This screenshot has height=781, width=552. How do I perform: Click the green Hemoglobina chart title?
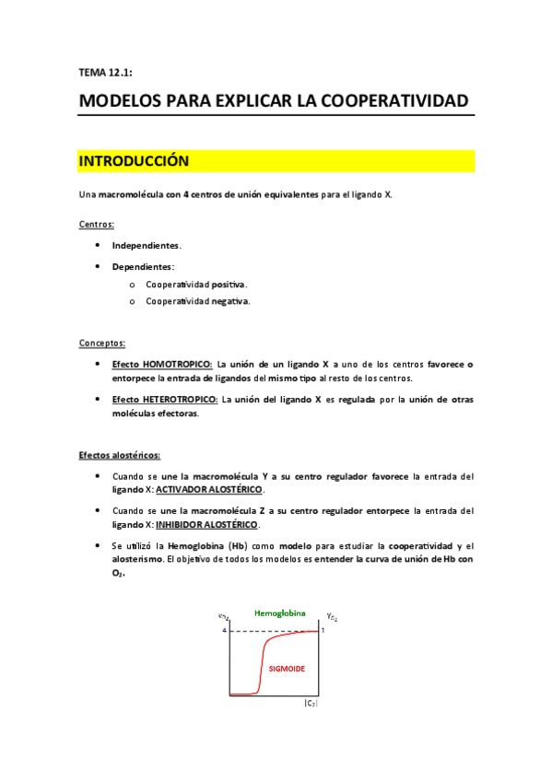[x=275, y=612]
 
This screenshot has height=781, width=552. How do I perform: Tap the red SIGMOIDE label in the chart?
[x=287, y=669]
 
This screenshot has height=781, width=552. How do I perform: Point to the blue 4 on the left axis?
[x=223, y=631]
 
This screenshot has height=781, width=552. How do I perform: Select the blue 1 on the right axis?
[x=323, y=630]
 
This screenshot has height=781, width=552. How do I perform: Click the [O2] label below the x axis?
[x=311, y=704]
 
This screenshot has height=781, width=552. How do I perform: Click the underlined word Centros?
[x=97, y=224]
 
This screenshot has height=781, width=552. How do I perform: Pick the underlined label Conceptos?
[x=102, y=343]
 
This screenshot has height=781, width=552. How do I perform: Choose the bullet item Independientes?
[x=147, y=246]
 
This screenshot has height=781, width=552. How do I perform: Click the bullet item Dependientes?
[x=143, y=267]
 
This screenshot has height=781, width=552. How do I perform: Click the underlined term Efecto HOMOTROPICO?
[x=162, y=364]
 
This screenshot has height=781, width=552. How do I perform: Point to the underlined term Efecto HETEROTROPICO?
[x=165, y=400]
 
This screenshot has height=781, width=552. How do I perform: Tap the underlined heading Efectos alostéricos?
[x=119, y=455]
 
